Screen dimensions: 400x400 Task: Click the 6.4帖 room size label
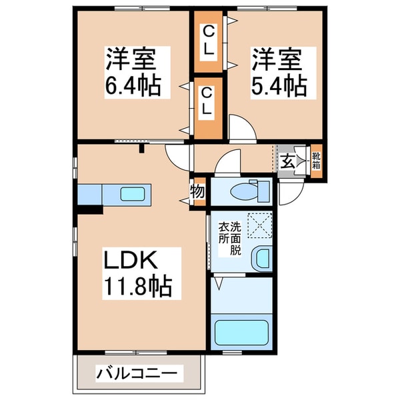point(132,87)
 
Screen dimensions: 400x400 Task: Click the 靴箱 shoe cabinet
point(316,162)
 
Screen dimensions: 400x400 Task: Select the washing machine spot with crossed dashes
point(259,225)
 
